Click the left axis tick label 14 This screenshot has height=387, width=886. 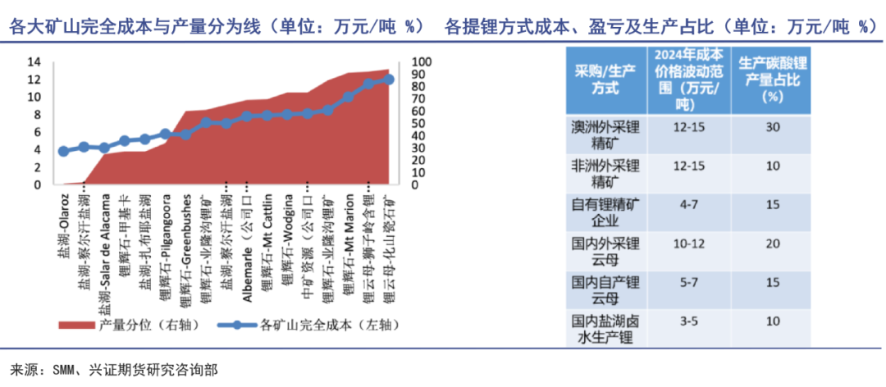pos(33,62)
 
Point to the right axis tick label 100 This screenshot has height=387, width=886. pos(419,62)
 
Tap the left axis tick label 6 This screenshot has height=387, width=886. pos(36,132)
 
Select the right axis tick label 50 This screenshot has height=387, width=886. pos(417,124)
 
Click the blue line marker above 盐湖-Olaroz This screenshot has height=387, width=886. pos(63,151)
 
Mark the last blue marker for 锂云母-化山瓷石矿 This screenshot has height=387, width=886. pos(389,80)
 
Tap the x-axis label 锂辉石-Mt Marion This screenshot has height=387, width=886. pos(348,246)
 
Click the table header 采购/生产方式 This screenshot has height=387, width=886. pos(605,80)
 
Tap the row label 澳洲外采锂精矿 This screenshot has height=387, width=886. pos(605,136)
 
